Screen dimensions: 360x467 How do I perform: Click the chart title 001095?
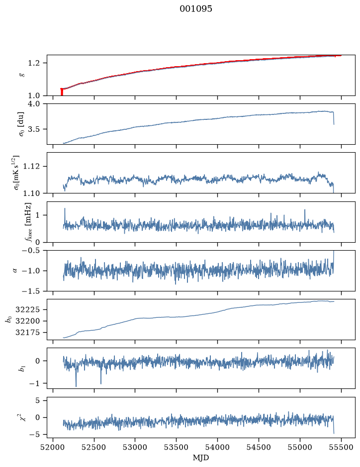[x=196, y=8]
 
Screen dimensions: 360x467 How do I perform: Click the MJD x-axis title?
[x=201, y=458]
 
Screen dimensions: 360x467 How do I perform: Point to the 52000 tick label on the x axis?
[x=53, y=447]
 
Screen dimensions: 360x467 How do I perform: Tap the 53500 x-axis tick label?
[x=177, y=447]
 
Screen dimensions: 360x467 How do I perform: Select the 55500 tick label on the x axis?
[x=341, y=447]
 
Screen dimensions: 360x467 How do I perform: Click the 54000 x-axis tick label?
[x=217, y=447]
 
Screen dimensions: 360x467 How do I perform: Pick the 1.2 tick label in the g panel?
[x=34, y=63]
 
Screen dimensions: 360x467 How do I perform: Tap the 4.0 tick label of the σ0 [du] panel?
[x=34, y=103]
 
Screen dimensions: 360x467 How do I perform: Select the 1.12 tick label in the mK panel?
[x=32, y=166]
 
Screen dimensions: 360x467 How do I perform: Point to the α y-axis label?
[x=15, y=271]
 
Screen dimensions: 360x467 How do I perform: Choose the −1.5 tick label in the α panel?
[x=31, y=291]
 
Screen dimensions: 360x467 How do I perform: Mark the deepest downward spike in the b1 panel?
[x=76, y=386]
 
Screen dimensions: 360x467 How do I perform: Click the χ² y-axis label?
[x=23, y=417]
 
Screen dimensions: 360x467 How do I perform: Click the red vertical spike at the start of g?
[x=62, y=92]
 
